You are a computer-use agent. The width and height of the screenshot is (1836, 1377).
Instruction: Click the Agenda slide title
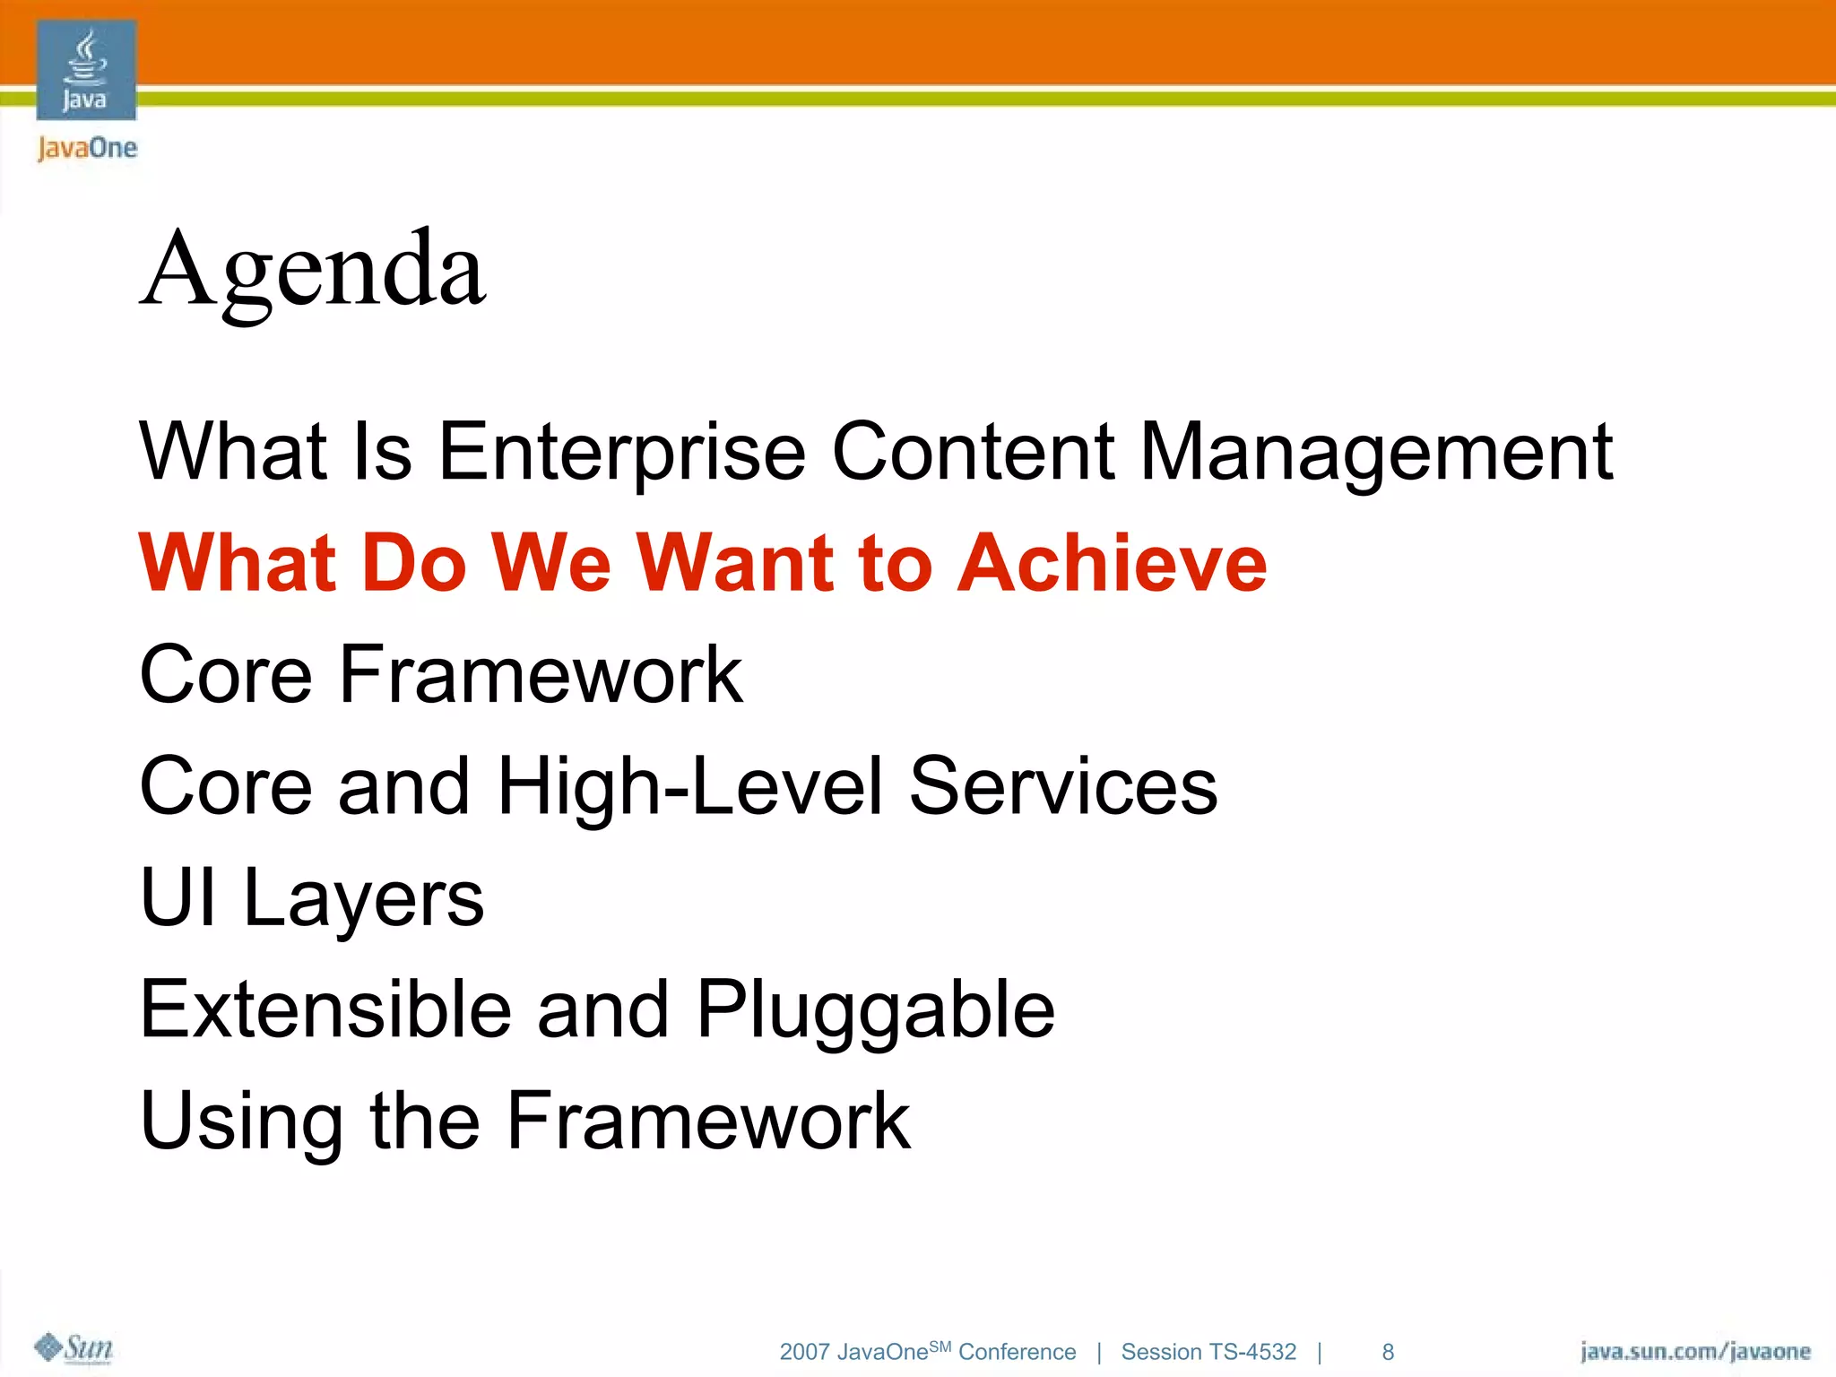tap(313, 270)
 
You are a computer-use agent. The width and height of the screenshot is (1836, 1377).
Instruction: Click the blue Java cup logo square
tap(86, 70)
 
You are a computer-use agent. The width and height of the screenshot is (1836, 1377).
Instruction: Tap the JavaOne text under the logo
tap(87, 148)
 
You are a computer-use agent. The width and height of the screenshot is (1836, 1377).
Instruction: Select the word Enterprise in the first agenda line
tap(621, 453)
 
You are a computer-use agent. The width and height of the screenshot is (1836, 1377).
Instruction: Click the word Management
tap(1376, 453)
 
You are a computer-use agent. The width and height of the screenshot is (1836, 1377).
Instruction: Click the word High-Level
tap(690, 787)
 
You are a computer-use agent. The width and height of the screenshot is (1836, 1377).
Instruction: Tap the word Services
tap(1063, 785)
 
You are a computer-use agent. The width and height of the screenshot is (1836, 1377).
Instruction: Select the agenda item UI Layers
tap(312, 898)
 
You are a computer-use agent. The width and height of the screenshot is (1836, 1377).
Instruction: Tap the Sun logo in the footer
tap(74, 1347)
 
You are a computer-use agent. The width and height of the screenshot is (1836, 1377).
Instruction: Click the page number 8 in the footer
tap(1388, 1352)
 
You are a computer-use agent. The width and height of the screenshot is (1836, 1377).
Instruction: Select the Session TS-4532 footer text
tap(1208, 1352)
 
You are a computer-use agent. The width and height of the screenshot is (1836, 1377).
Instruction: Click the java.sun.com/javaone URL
tap(1694, 1351)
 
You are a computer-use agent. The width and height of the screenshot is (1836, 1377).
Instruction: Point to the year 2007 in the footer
tap(804, 1352)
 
